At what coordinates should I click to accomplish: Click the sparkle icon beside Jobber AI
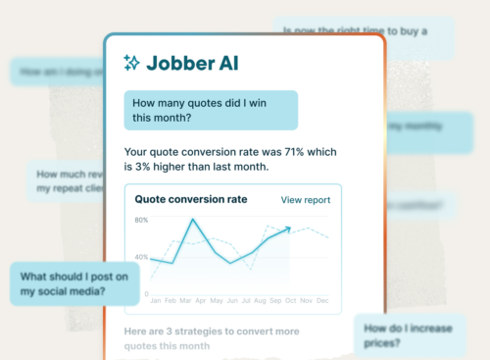[132, 63]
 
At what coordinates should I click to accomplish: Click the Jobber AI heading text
[192, 63]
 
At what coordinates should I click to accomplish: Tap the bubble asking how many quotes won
[210, 111]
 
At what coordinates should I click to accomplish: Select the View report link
[306, 200]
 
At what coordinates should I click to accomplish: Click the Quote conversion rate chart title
[191, 200]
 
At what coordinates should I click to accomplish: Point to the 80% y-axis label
[141, 220]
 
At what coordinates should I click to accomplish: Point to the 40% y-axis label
[141, 257]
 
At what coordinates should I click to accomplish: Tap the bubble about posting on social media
[74, 284]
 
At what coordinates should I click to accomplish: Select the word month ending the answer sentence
[249, 168]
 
